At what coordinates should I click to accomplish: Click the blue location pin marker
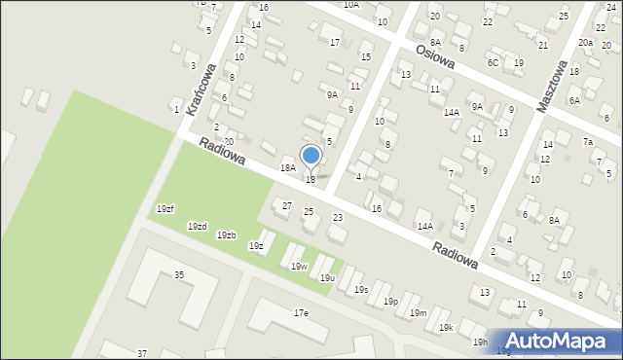pos(311,156)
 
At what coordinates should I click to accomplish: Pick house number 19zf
pos(165,209)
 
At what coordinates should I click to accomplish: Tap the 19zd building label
pos(197,227)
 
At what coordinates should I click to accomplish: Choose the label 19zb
pos(226,235)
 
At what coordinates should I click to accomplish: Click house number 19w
pos(299,267)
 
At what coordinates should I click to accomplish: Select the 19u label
pos(327,278)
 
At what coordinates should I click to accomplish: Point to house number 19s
pos(360,290)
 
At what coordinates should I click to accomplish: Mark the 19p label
pos(389,302)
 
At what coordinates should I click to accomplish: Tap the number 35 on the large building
pos(179,275)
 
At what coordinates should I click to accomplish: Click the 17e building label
pos(301,313)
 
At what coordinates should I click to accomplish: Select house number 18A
pos(288,168)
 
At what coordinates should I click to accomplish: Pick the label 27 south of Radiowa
pos(286,205)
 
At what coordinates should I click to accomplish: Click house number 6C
pos(493,63)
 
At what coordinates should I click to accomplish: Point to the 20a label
pos(584,43)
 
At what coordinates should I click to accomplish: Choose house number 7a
pos(588,142)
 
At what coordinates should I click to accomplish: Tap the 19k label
pos(445,328)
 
